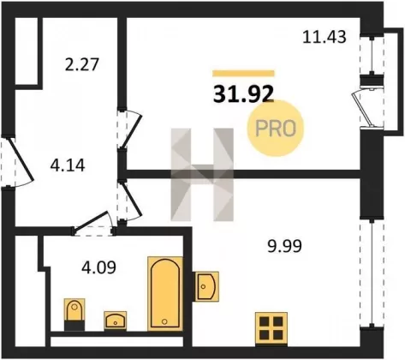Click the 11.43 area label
(325, 37)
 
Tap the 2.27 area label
(81, 64)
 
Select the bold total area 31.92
(243, 94)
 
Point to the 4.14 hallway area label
(68, 165)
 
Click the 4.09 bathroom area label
(98, 267)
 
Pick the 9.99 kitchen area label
(284, 246)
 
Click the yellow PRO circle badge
(275, 129)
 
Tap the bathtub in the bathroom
(165, 294)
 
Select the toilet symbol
(74, 315)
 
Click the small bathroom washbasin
(116, 321)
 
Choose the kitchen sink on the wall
(206, 286)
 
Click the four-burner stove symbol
(271, 329)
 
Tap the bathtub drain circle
(164, 321)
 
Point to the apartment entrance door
(19, 161)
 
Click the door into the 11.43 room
(129, 129)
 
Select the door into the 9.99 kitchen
(129, 201)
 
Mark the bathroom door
(93, 224)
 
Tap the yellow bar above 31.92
(243, 74)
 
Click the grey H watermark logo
(202, 175)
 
